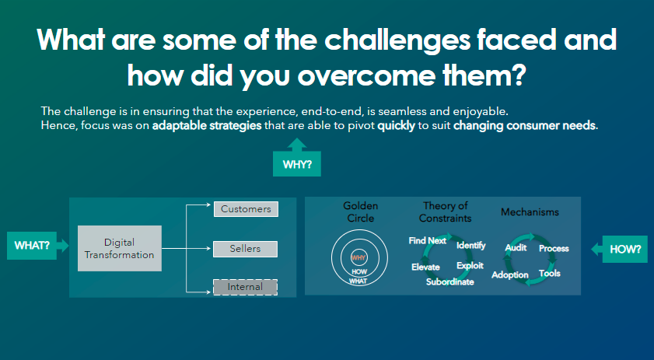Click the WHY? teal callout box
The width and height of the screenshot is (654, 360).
tap(296, 163)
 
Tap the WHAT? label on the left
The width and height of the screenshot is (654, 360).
tap(32, 245)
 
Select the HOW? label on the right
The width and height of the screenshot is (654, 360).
tap(625, 249)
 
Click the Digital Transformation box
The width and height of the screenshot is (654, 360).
tap(119, 248)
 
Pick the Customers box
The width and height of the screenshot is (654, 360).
tap(246, 209)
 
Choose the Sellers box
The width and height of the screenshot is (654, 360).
tap(245, 249)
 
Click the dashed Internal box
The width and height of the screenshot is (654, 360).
tap(245, 287)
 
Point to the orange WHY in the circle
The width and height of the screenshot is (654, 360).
tap(358, 258)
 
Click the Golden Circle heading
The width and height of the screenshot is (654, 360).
tap(360, 211)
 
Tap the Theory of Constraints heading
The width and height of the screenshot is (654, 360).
tap(445, 211)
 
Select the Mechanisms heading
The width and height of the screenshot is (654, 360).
tap(530, 212)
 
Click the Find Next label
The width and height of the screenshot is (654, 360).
tap(427, 241)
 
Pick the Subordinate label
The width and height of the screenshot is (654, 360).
tap(450, 282)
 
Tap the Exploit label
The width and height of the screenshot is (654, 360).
tap(470, 266)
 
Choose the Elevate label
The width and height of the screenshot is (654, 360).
tap(425, 267)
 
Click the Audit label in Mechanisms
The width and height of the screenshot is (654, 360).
tap(516, 248)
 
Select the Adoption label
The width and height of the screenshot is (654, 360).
tap(509, 275)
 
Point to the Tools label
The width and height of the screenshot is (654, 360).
tap(549, 273)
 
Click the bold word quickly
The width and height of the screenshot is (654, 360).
tap(396, 125)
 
